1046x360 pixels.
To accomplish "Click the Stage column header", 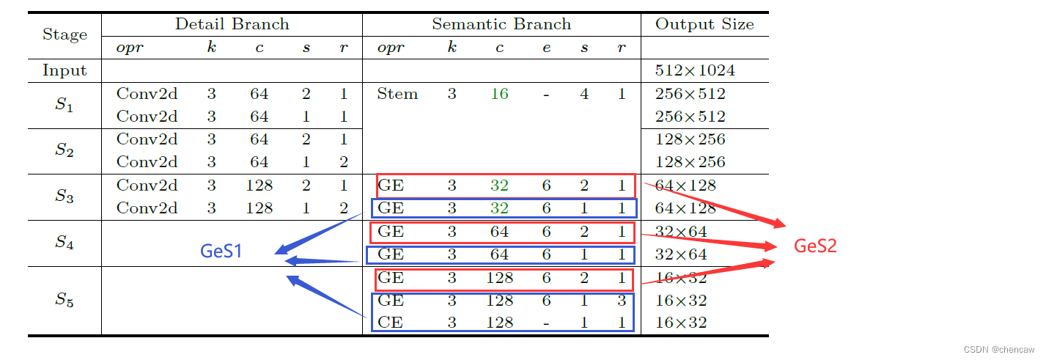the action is click(x=65, y=34).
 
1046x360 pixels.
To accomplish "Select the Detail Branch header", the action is click(x=232, y=24).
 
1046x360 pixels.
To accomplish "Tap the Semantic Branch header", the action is click(x=501, y=24).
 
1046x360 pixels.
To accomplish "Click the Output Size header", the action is click(x=704, y=24).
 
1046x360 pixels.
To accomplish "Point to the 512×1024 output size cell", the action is click(x=694, y=71).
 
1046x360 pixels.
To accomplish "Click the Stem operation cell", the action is click(x=397, y=94).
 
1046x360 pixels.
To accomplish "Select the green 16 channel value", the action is click(x=499, y=94).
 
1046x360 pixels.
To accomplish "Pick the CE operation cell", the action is click(x=391, y=323).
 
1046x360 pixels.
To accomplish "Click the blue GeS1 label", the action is click(x=221, y=251).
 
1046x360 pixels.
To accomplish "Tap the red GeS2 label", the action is click(x=815, y=246).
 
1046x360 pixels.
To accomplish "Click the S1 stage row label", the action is click(x=65, y=105).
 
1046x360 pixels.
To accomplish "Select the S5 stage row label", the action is click(x=65, y=300).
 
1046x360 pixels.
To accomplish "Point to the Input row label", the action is click(x=65, y=71).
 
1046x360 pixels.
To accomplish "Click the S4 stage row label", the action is click(x=65, y=243).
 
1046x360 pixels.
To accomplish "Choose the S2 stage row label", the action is click(x=65, y=150).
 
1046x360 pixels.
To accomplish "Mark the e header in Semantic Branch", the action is click(x=546, y=48).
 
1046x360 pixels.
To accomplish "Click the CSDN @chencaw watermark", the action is click(x=1003, y=350).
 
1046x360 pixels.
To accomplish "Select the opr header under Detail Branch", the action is click(x=130, y=48).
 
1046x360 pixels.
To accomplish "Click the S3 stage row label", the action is click(x=65, y=196).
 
